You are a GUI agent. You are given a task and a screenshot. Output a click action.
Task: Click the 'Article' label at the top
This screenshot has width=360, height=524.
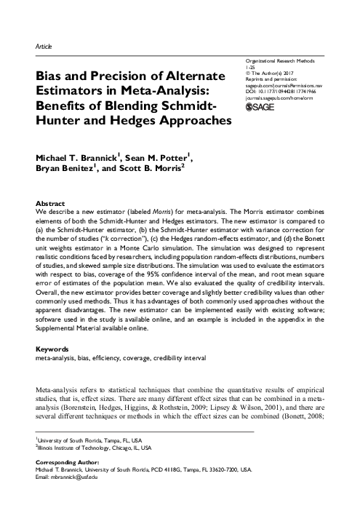click(43, 46)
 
